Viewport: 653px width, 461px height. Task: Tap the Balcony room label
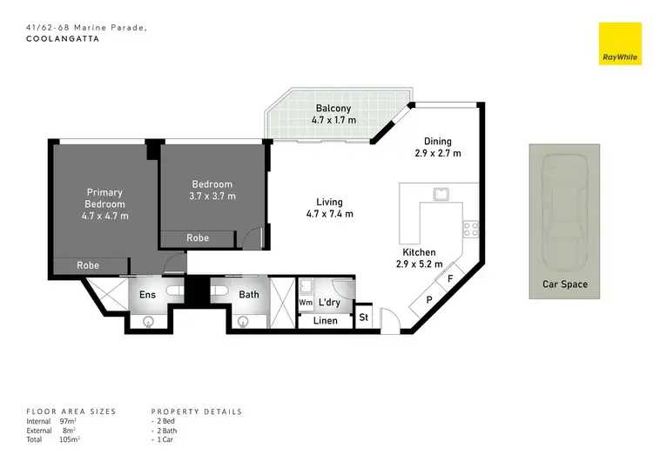(x=333, y=108)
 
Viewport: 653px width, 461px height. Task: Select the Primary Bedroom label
(x=104, y=198)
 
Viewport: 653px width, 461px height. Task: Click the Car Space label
(x=565, y=284)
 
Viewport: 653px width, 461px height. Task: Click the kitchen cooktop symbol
(x=471, y=230)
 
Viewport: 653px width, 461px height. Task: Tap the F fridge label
(x=449, y=279)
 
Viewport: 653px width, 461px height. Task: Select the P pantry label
(x=429, y=300)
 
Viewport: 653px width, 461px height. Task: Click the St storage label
(x=364, y=317)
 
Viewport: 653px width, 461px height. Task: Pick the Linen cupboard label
(x=326, y=322)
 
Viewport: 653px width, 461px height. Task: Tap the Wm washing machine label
(x=305, y=303)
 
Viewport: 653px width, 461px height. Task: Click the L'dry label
(x=329, y=303)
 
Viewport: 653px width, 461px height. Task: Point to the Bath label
(x=249, y=295)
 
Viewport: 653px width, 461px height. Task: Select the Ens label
(x=148, y=295)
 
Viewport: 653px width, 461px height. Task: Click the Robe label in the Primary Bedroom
(x=87, y=265)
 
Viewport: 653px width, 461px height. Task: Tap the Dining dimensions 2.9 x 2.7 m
(x=437, y=153)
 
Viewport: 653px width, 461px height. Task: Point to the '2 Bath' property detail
(x=166, y=430)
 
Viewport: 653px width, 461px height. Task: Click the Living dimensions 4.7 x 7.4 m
(x=329, y=214)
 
